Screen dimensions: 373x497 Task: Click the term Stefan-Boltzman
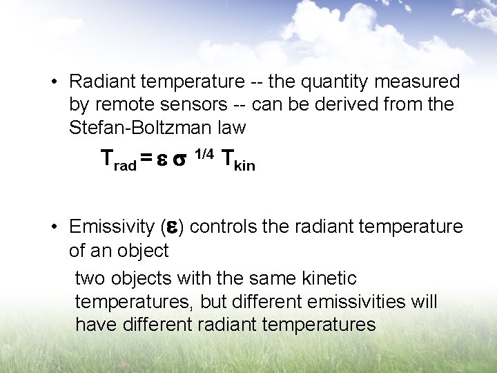(x=143, y=128)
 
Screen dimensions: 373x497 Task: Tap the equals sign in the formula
(x=146, y=160)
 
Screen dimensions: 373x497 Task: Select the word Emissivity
(x=112, y=227)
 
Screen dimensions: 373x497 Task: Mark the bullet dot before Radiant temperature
(x=54, y=82)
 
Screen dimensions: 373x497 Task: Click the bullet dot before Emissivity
(x=54, y=227)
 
